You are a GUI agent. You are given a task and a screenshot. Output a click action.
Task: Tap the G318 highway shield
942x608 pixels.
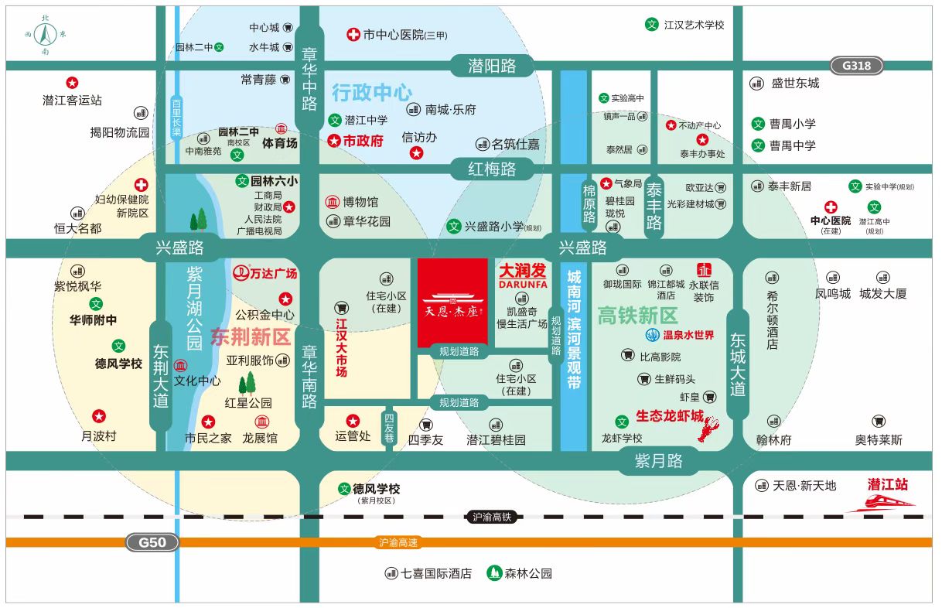(x=856, y=66)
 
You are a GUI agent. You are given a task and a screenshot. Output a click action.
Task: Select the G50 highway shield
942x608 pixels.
(x=152, y=542)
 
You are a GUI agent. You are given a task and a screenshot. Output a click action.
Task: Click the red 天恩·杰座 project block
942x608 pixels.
(x=452, y=303)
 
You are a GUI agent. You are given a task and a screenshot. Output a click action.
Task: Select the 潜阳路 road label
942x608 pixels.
(x=492, y=66)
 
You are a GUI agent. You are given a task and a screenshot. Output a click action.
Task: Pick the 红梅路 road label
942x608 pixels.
(x=492, y=168)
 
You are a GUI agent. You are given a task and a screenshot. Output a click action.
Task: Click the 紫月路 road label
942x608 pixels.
(x=658, y=462)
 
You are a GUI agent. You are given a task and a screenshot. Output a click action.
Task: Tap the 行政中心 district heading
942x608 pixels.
(x=372, y=93)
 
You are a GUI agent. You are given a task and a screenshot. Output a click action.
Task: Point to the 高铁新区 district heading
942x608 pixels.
(x=637, y=315)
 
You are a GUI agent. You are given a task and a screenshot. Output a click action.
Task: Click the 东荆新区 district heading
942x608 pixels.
(x=250, y=336)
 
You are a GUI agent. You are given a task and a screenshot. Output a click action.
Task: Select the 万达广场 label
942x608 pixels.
(x=265, y=273)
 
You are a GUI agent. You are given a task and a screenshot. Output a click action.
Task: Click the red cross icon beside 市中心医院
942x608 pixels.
(x=353, y=35)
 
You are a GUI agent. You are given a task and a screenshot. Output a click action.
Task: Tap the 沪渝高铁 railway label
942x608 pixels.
(x=492, y=517)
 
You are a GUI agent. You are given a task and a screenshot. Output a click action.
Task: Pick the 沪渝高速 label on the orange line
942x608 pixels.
(x=398, y=543)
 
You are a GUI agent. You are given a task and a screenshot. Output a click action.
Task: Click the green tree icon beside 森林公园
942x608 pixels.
(x=493, y=573)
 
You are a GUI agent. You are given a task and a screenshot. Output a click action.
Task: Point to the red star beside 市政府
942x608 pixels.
(x=334, y=141)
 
